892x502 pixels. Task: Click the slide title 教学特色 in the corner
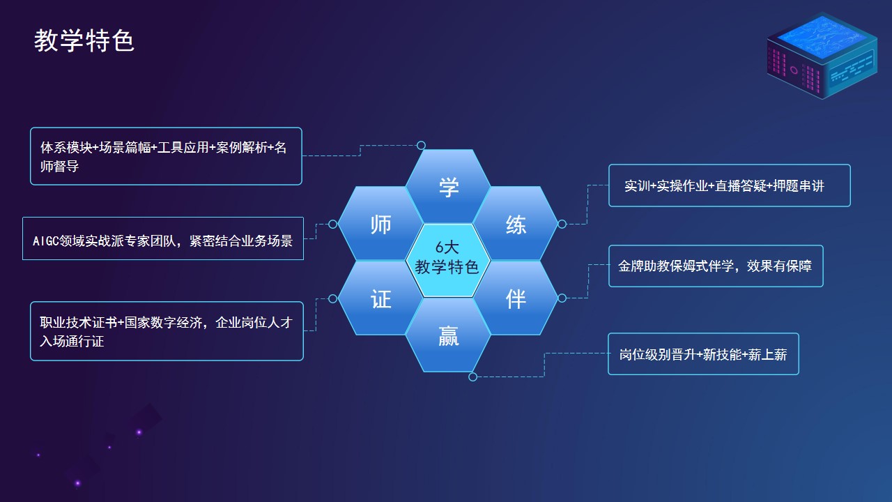(x=84, y=40)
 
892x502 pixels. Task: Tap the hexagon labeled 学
(x=448, y=186)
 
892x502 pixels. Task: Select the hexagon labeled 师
(x=380, y=224)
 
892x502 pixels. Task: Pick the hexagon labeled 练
(x=516, y=224)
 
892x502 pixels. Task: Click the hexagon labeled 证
(x=380, y=298)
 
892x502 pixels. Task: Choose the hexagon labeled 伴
(x=516, y=298)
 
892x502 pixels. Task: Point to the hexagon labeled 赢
(x=448, y=335)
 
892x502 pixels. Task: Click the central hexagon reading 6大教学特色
(x=448, y=261)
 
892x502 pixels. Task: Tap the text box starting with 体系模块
(x=166, y=156)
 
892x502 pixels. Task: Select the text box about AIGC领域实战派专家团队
(x=163, y=238)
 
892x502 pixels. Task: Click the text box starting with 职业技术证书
(x=167, y=331)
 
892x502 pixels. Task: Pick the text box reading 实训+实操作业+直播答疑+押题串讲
(x=730, y=185)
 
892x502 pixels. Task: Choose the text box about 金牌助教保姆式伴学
(x=716, y=266)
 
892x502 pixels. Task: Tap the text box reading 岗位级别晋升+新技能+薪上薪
(x=703, y=353)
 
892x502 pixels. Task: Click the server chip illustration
(x=822, y=56)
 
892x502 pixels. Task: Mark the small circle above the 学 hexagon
(x=421, y=146)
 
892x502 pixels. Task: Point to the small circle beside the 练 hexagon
(x=562, y=224)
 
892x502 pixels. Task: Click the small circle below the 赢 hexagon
(x=472, y=376)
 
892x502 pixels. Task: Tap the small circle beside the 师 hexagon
(x=333, y=225)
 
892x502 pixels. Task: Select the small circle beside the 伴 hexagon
(x=562, y=298)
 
